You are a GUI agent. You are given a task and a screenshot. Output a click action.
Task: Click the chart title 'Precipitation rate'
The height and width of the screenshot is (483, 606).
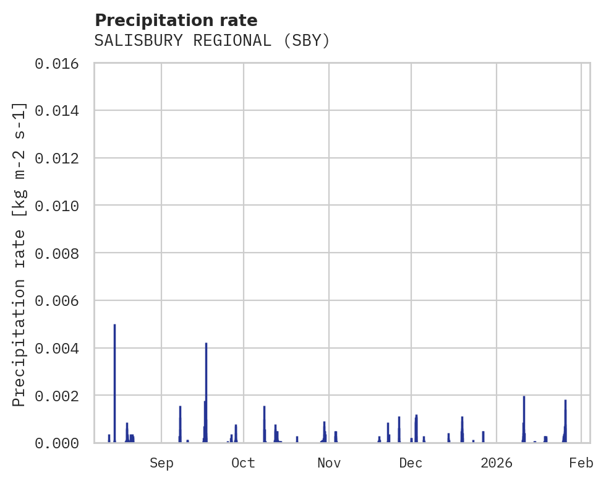coord(176,20)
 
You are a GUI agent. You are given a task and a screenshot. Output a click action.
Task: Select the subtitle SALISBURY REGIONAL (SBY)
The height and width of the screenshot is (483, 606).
coord(212,41)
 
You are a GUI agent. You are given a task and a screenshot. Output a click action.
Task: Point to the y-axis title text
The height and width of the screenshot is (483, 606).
coord(20,254)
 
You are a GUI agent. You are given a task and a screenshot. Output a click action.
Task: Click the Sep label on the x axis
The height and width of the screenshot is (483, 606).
coord(161,463)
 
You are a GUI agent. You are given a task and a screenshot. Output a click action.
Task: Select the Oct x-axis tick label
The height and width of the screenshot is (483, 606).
coord(244,463)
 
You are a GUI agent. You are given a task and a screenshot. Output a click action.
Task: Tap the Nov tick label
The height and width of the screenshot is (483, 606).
coord(329,463)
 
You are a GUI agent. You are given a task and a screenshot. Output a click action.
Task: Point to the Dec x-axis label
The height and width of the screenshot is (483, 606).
coord(411,463)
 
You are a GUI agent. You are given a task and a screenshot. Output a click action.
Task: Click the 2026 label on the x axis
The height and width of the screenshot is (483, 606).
coord(497,463)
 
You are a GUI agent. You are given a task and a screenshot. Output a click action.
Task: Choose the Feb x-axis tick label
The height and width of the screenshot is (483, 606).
coord(581,463)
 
